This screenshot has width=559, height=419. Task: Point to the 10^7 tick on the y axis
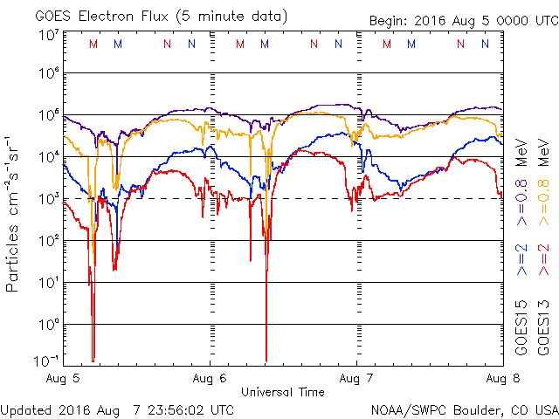[x=48, y=36]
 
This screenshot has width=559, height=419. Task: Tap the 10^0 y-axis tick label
[x=48, y=325]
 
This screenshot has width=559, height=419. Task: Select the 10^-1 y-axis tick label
[x=46, y=360]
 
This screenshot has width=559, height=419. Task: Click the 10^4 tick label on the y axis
[x=48, y=157]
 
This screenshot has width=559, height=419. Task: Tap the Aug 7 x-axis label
[x=355, y=378]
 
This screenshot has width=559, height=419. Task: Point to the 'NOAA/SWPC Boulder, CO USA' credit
[x=464, y=409]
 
